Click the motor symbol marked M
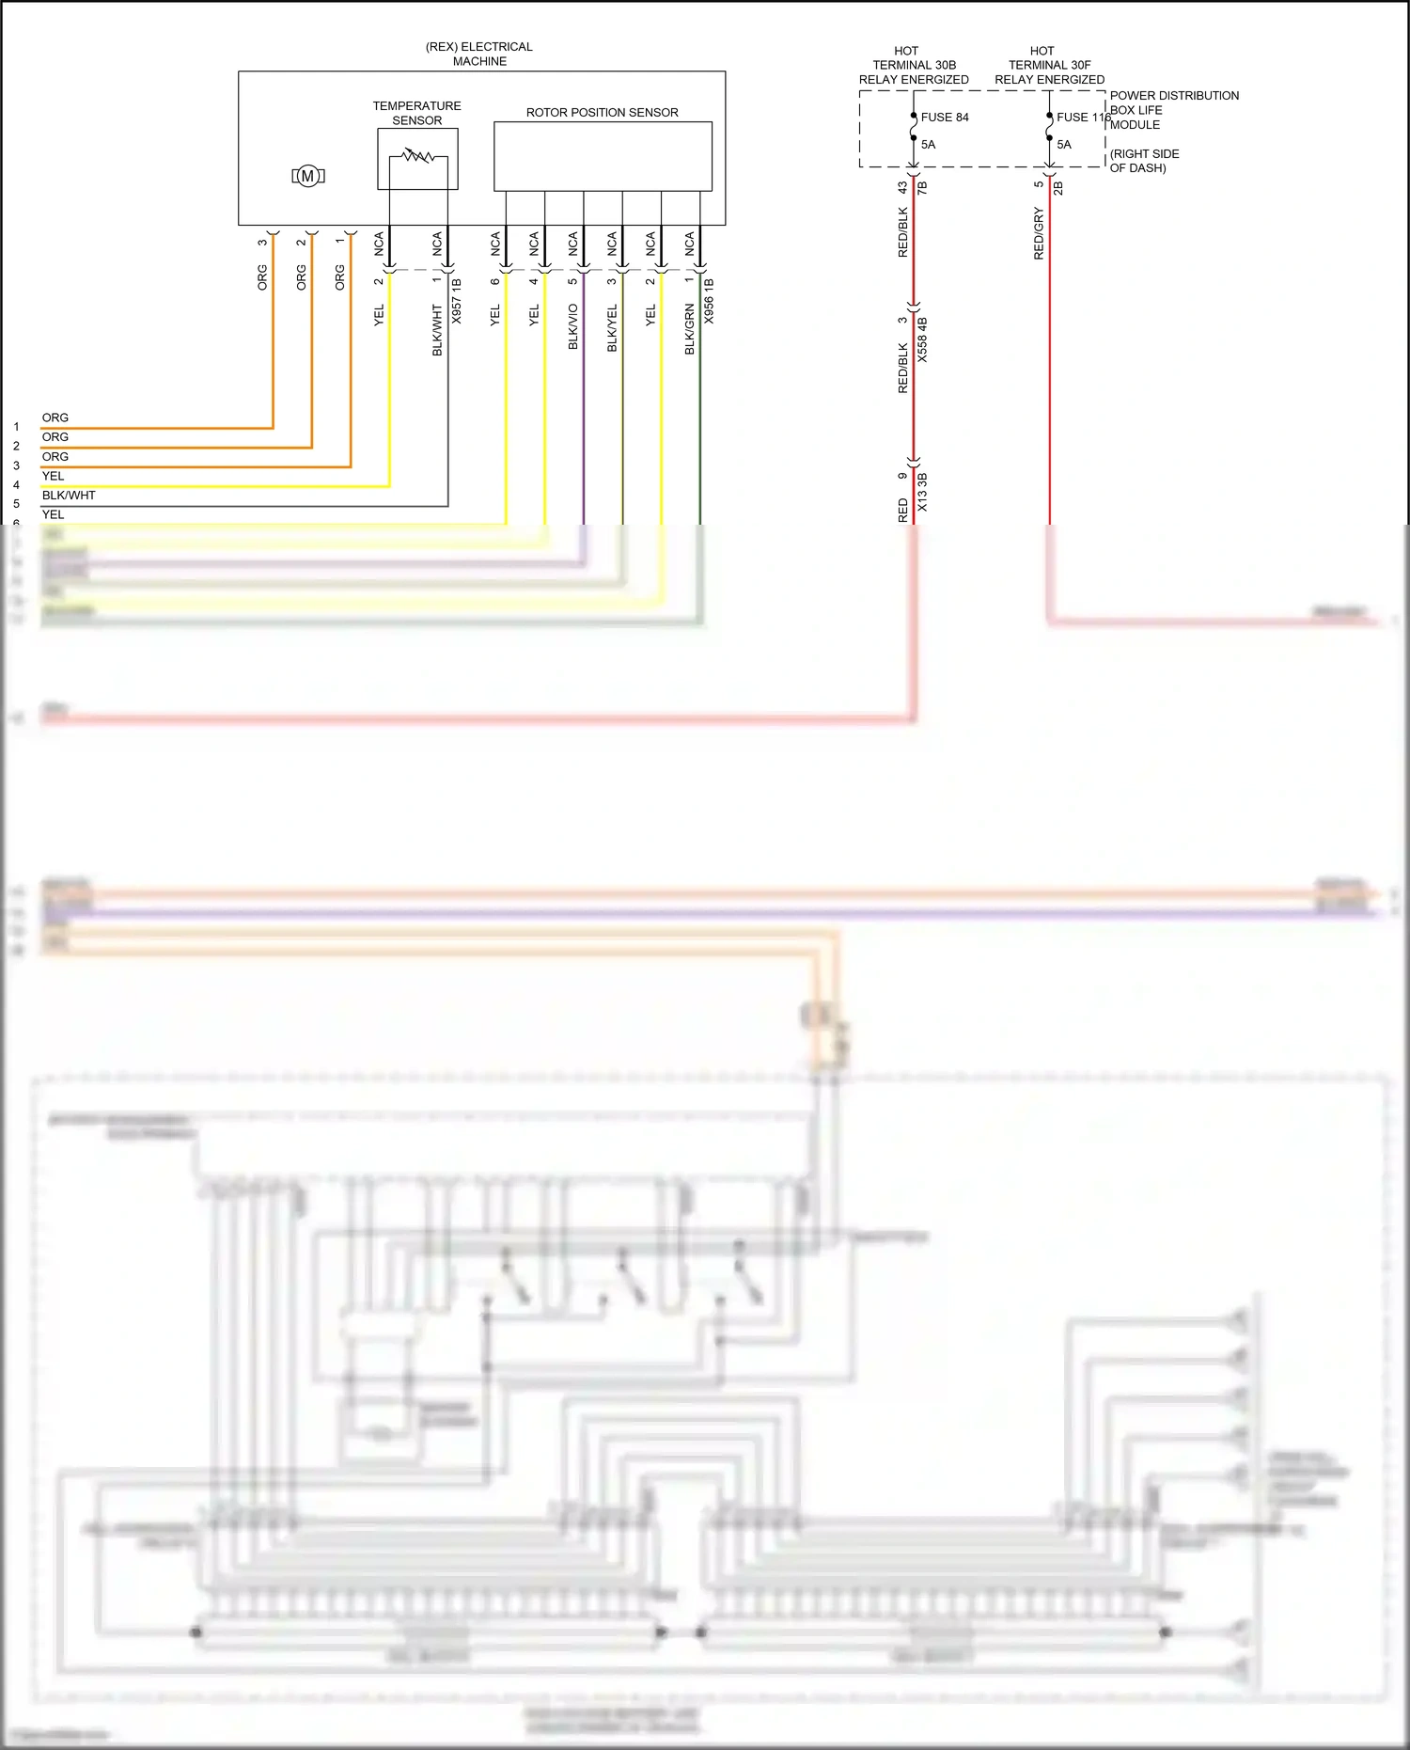(307, 176)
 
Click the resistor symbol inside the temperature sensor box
(417, 156)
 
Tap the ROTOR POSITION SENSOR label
(602, 112)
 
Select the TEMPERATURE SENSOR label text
(416, 113)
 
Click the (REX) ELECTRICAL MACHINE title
(479, 54)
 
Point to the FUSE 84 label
(944, 118)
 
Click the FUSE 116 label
(1083, 118)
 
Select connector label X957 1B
(457, 301)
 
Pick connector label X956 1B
(709, 301)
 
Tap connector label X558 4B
(922, 339)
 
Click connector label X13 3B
(922, 492)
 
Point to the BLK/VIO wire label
(573, 327)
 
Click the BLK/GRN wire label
(689, 329)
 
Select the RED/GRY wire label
(1039, 233)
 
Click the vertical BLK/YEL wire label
(612, 327)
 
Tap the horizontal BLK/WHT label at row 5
(69, 495)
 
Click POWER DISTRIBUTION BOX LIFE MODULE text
(1173, 110)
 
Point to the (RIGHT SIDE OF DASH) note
(1144, 161)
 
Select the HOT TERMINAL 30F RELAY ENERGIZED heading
(1049, 65)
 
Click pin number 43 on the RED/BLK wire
(902, 188)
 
